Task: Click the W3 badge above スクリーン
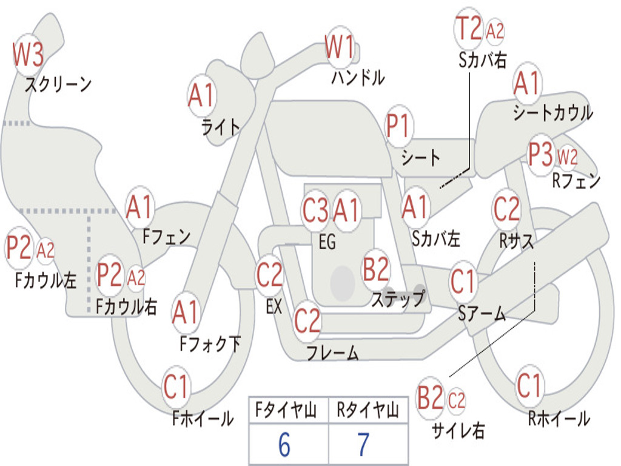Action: coord(29,55)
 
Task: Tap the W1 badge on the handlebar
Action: coord(339,47)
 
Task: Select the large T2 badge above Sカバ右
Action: coord(469,29)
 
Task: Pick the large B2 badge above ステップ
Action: coord(376,269)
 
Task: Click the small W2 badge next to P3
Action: coord(567,157)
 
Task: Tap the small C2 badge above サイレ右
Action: coord(457,400)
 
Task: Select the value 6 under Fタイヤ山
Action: coord(284,445)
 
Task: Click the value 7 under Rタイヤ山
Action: coord(363,445)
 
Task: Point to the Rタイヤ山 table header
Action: coord(368,412)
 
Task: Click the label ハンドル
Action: coord(358,78)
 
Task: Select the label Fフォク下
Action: coord(210,344)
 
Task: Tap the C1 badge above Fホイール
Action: coord(176,387)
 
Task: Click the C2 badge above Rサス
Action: coord(507,209)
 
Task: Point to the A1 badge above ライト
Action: coord(202,95)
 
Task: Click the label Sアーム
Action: coord(482,314)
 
